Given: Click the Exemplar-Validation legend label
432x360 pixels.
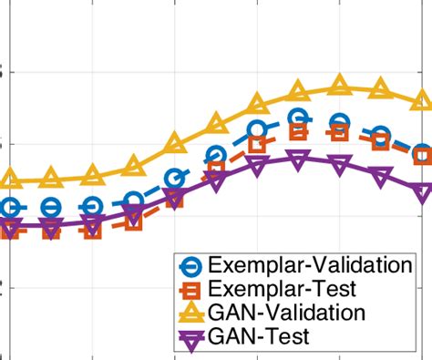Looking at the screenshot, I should pyautogui.click(x=310, y=265).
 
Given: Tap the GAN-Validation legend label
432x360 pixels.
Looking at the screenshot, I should pyautogui.click(x=287, y=313).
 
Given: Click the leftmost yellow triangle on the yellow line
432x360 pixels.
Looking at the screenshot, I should pyautogui.click(x=9, y=178).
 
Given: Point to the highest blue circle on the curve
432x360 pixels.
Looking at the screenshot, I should pyautogui.click(x=298, y=118).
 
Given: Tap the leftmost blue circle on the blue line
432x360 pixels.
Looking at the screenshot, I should pyautogui.click(x=9, y=208).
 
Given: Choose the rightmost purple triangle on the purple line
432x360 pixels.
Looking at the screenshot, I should pyautogui.click(x=423, y=192).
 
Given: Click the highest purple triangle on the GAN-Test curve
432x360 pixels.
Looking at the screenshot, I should pyautogui.click(x=298, y=159).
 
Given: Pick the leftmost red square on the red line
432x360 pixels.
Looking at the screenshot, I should pyautogui.click(x=9, y=230).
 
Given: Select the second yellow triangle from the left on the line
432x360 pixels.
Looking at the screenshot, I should pyautogui.click(x=51, y=178).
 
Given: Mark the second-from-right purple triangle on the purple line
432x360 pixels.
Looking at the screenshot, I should pyautogui.click(x=382, y=174).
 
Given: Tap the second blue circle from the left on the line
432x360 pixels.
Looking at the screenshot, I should pyautogui.click(x=51, y=208).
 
